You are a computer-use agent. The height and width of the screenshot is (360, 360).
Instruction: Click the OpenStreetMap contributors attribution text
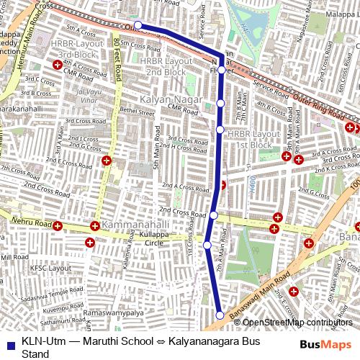tap(297, 323)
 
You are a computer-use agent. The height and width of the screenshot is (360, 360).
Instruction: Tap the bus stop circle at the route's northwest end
tap(137, 24)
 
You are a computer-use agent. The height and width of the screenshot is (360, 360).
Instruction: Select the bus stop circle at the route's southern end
tap(220, 314)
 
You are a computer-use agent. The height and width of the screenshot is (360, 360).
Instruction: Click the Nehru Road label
tap(32, 224)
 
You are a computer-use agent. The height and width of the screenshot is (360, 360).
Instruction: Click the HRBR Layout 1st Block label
tap(253, 139)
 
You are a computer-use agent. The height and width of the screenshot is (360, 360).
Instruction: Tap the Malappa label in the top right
tap(341, 14)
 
